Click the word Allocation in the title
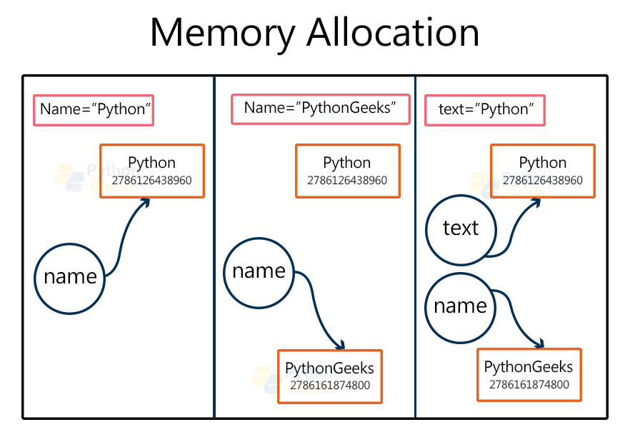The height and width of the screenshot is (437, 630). [398, 32]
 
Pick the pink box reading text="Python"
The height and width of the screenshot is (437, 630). [485, 111]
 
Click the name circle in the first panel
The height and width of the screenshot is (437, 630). [70, 277]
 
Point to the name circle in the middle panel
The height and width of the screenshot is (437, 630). [259, 271]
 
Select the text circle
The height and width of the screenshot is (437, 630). [460, 228]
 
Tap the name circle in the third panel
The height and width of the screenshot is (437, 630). [460, 306]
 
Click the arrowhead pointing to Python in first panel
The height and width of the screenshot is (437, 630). [145, 203]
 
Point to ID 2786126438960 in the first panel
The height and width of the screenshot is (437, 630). [151, 181]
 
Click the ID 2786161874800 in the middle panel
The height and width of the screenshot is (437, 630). [329, 386]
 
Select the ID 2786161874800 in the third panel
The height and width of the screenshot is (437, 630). [529, 385]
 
